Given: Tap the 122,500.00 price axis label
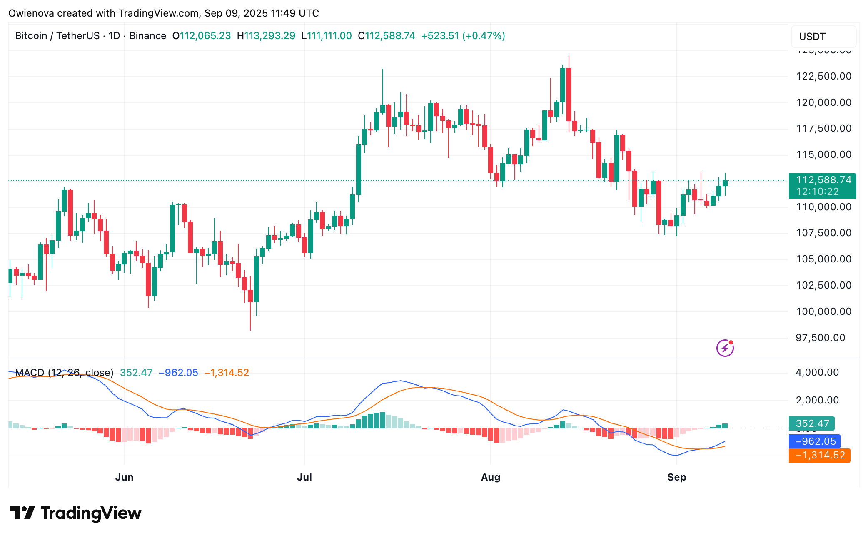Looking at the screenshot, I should tap(823, 76).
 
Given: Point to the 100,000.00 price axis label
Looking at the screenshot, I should tap(823, 311).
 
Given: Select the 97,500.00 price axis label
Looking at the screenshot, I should tap(820, 338).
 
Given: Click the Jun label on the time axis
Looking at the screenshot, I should tap(124, 477).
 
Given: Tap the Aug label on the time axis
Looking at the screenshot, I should tap(491, 477).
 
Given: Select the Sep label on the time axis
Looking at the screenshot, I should tap(676, 477).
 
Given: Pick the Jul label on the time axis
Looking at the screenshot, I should tap(304, 477).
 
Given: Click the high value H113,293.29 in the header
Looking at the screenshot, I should tap(266, 36).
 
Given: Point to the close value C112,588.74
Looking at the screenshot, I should tap(387, 36).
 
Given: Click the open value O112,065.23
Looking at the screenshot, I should tap(202, 36).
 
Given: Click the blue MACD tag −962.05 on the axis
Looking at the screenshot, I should tap(815, 441).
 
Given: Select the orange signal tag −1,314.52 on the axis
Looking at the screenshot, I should tap(819, 455).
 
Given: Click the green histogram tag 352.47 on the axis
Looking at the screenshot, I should tap(812, 423).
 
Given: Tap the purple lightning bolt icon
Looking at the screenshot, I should tap(725, 348).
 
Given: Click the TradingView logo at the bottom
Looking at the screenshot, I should tap(75, 513).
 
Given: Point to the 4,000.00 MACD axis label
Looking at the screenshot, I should tap(817, 372).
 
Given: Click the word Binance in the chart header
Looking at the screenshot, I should tap(147, 36).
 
